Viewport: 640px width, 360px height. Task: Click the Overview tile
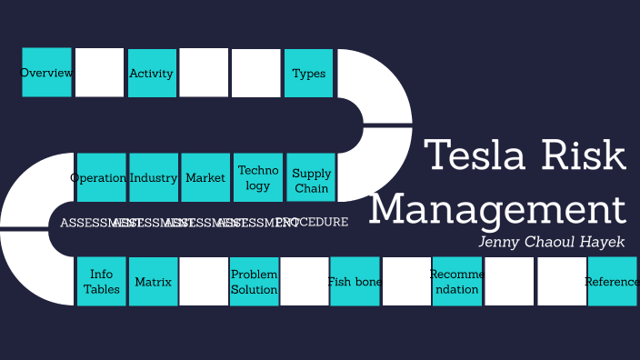pos(46,73)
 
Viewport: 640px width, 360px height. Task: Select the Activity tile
pos(152,73)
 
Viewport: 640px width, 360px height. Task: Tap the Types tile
pos(309,73)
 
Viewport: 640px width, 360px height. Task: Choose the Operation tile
pos(100,177)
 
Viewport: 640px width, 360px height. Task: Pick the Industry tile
pos(154,177)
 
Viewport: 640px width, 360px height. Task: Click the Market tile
pos(205,177)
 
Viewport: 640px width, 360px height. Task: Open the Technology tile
pos(258,177)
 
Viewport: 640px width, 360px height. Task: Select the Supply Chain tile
pos(311,177)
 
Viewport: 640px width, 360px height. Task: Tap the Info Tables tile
pos(101,282)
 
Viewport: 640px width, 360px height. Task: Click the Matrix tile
pos(153,282)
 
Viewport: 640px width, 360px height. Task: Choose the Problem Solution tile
pos(255,282)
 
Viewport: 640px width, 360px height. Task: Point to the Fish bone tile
pos(355,282)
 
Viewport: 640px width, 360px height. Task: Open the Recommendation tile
pos(456,282)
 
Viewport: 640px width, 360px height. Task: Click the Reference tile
pos(612,282)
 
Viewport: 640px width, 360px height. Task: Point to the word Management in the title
pos(497,208)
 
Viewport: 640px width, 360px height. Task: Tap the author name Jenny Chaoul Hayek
pos(552,242)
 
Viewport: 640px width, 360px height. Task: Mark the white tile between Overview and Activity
pos(99,73)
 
